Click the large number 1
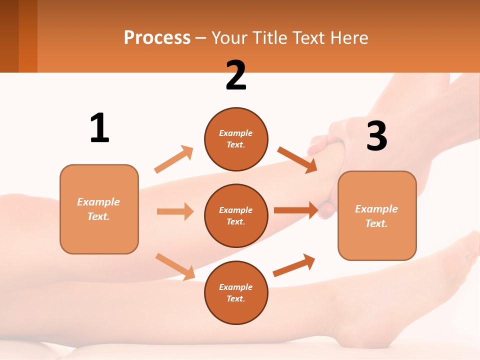(99, 128)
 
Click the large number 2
(236, 75)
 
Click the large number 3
(376, 136)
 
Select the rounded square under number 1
(99, 209)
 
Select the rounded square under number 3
(377, 215)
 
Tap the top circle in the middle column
(236, 139)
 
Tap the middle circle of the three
(236, 215)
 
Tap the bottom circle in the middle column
(236, 292)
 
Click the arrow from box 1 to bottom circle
(175, 266)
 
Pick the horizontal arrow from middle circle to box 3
(296, 210)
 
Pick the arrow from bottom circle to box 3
(294, 265)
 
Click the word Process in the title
(157, 37)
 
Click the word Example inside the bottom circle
(235, 287)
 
